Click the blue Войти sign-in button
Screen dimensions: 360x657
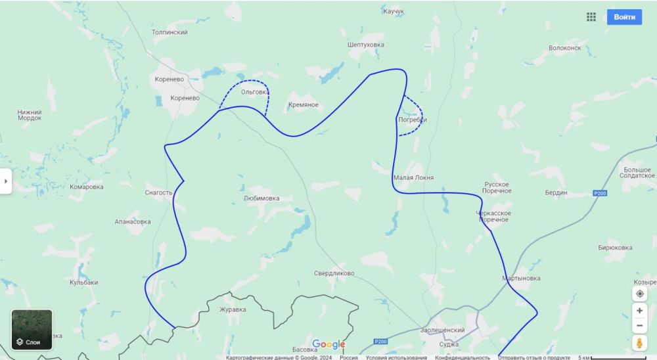(624, 17)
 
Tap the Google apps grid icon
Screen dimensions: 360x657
(591, 17)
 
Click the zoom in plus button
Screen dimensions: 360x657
(640, 311)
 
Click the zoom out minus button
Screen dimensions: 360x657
(640, 326)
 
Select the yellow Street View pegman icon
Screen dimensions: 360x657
(640, 343)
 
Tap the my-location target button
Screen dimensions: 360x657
(640, 294)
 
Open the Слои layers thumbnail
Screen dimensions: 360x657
(32, 330)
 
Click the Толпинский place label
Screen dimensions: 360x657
(170, 32)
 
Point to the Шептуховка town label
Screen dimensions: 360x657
(365, 45)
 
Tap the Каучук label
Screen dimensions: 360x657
(394, 12)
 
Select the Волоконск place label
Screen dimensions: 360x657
(565, 48)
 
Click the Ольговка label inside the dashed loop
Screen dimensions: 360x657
(254, 92)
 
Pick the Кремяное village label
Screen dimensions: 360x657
(304, 105)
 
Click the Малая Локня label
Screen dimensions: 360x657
(413, 178)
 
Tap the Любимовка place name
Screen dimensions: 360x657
(261, 198)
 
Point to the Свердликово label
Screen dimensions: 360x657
(334, 273)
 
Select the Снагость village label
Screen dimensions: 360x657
(158, 193)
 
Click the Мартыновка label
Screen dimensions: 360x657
(521, 279)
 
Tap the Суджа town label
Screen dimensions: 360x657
(449, 344)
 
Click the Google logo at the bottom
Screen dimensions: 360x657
(328, 344)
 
